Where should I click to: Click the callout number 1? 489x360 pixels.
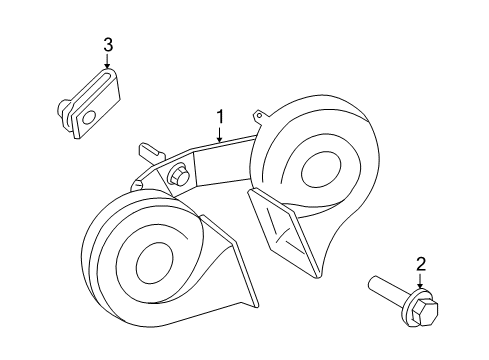click(x=219, y=117)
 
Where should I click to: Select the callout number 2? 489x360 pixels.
click(x=421, y=264)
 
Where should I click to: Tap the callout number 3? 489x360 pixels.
click(x=108, y=45)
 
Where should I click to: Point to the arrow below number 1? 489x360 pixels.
click(x=219, y=134)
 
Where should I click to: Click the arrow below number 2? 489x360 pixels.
click(x=421, y=280)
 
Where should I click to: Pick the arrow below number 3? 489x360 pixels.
click(x=107, y=61)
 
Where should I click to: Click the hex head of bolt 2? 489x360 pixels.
click(x=424, y=311)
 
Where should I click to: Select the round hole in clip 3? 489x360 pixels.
click(x=89, y=117)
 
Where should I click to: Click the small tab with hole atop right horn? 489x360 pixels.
click(x=261, y=116)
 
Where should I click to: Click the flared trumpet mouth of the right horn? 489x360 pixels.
click(x=283, y=232)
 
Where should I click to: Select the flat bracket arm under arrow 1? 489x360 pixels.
click(x=222, y=163)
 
